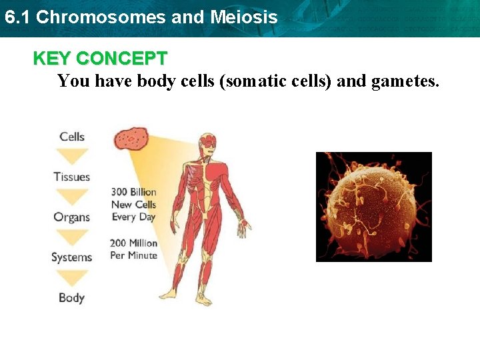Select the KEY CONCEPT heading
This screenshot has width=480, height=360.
tap(100, 59)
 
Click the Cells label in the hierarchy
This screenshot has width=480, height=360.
tap(72, 137)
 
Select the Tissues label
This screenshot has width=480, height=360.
tap(72, 177)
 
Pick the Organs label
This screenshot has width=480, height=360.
tap(72, 217)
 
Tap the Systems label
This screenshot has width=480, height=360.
tap(72, 257)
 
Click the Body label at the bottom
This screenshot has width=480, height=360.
tap(72, 298)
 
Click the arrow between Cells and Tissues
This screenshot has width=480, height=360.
tap(72, 157)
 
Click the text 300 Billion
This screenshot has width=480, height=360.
tap(133, 193)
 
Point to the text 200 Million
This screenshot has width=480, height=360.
tap(133, 243)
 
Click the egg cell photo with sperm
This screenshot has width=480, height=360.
tap(373, 207)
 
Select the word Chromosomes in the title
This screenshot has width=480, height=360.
tap(101, 17)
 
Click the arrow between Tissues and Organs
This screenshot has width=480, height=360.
tap(72, 197)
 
